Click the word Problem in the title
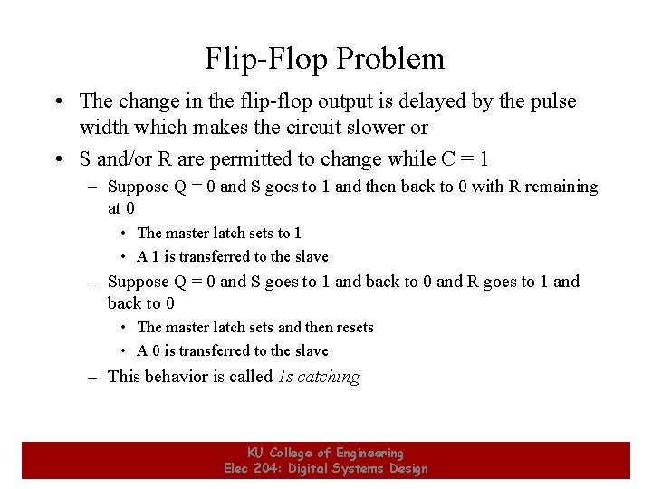click(x=390, y=59)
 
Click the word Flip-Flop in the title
click(x=266, y=59)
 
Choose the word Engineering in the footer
click(x=369, y=453)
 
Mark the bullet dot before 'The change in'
click(x=58, y=101)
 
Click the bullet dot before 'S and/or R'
click(x=58, y=160)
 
